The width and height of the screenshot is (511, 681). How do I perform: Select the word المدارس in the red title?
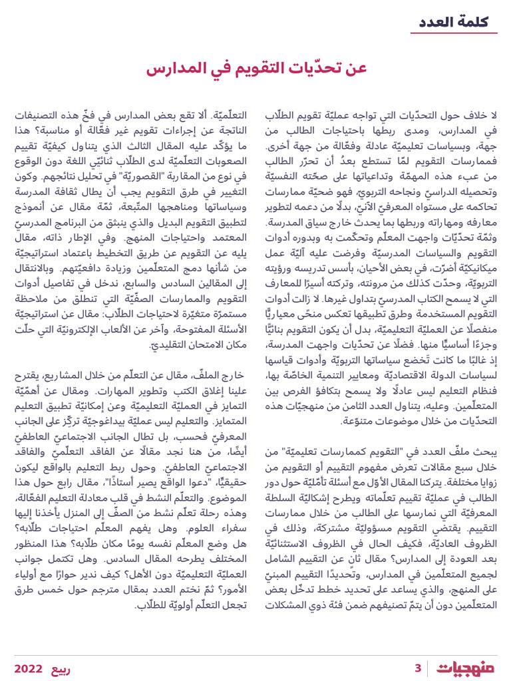tap(175, 69)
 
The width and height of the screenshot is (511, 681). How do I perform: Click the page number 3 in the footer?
tap(418, 668)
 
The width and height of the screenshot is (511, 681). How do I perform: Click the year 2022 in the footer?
tap(29, 668)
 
